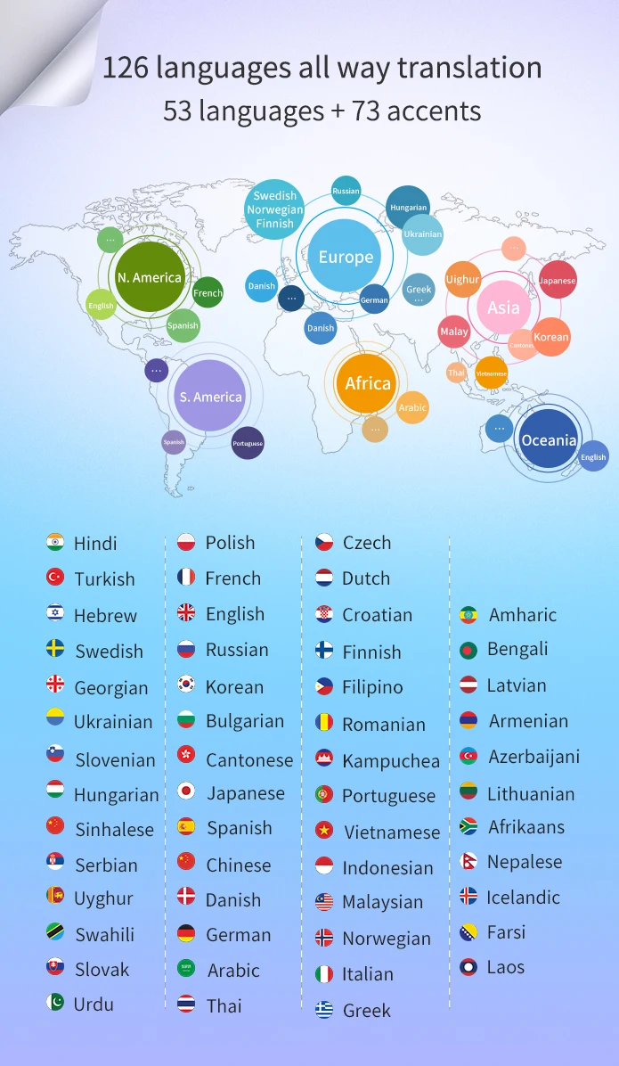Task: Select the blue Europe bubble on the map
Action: click(346, 258)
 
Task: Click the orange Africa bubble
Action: click(368, 383)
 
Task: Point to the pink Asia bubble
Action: click(503, 307)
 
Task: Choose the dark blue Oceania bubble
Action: click(549, 440)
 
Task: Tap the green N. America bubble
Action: click(150, 277)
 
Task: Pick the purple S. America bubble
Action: click(210, 397)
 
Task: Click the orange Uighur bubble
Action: click(462, 279)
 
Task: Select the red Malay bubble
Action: click(454, 332)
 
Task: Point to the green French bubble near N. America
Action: click(208, 292)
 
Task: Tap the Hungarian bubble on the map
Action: click(408, 208)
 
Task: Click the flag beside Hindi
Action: click(55, 542)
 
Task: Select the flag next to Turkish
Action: click(55, 578)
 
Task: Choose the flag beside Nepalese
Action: click(468, 862)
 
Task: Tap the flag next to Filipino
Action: click(324, 686)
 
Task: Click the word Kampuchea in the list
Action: click(391, 760)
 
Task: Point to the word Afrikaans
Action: click(526, 827)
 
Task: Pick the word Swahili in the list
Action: click(104, 934)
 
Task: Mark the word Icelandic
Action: click(524, 897)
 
